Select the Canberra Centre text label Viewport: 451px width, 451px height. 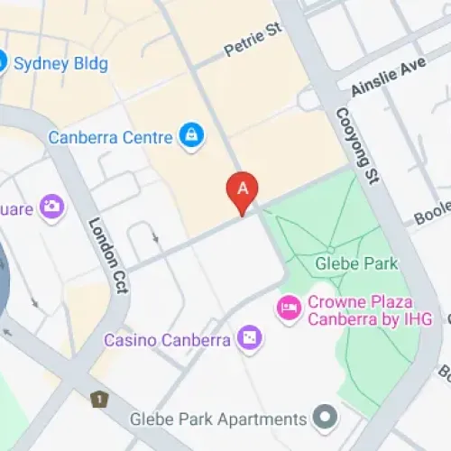pos(110,138)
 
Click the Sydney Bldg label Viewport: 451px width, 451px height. pos(60,64)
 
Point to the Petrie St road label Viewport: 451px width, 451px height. pos(253,41)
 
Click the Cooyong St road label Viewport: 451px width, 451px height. pos(354,146)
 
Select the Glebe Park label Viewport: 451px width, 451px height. pos(345,264)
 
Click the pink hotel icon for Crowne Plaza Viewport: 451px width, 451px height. pos(289,308)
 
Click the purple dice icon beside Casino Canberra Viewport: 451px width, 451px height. pos(249,339)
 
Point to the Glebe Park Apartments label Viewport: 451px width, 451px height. pos(217,419)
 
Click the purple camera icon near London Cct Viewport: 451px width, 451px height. pos(52,207)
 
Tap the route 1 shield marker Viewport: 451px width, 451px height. pos(97,399)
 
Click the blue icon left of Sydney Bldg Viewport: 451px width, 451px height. pos(3,63)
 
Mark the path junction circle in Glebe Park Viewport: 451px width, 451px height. pos(331,249)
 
